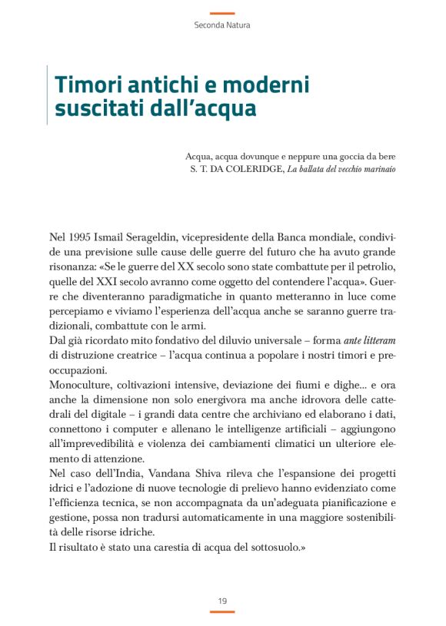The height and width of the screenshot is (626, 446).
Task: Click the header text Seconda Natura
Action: (222, 25)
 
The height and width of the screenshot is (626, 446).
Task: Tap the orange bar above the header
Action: (222, 13)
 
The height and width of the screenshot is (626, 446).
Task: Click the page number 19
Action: (222, 600)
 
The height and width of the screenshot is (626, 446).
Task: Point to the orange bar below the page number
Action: (222, 611)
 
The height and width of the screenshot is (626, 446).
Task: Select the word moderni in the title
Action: (265, 83)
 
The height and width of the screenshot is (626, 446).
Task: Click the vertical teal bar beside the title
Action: (48, 96)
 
